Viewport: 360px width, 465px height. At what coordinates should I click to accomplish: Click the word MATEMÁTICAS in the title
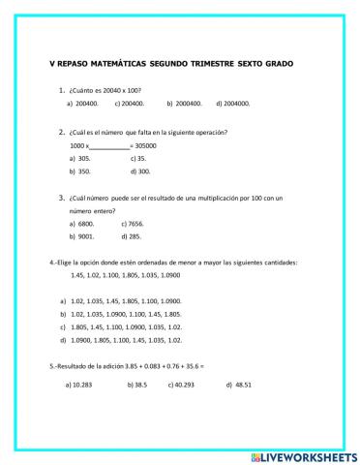121,65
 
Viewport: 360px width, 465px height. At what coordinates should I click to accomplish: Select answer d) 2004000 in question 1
232,103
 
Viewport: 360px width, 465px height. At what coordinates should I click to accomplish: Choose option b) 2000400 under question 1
184,103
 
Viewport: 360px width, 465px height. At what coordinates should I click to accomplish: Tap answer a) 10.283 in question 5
76,385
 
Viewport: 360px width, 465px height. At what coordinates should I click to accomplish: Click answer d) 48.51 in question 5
238,385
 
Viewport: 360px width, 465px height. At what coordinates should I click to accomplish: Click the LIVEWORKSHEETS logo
305,454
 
